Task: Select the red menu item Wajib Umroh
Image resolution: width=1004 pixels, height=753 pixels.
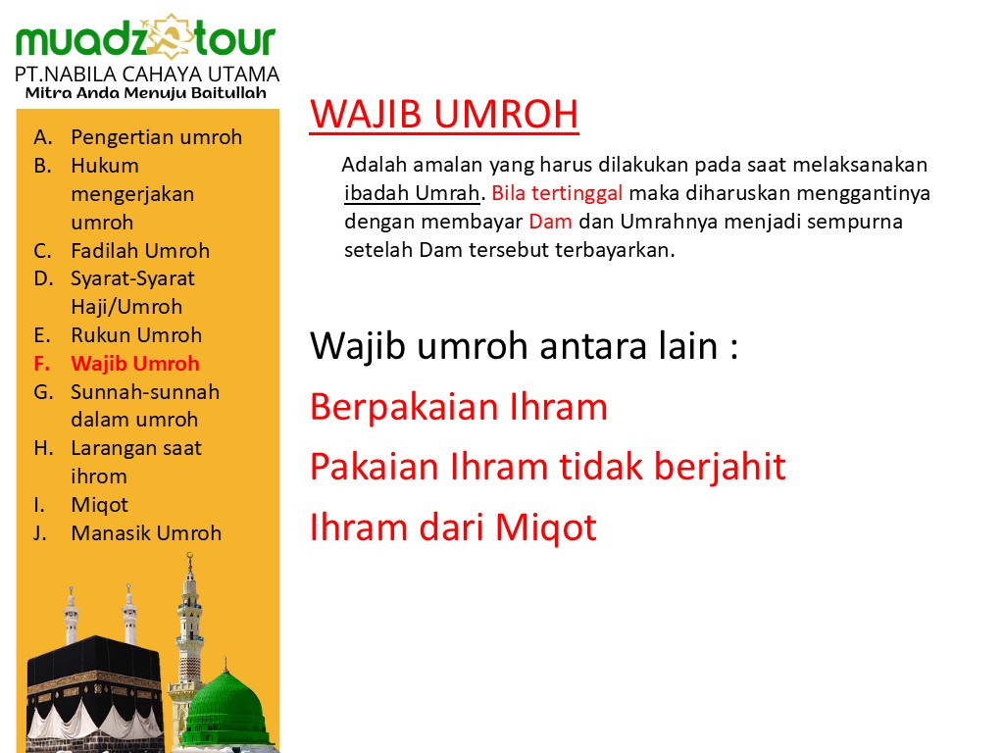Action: point(135,364)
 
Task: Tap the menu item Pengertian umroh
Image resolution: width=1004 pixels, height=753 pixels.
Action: point(156,137)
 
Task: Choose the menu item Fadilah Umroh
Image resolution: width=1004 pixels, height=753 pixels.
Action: point(140,250)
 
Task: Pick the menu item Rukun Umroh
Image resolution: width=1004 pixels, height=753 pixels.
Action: point(136,335)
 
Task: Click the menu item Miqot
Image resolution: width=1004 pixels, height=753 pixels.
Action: point(99,505)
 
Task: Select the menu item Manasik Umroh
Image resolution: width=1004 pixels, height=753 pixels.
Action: point(146,532)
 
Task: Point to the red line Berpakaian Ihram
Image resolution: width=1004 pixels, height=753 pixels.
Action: point(459,407)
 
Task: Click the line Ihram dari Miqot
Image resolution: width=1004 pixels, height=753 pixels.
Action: point(453,527)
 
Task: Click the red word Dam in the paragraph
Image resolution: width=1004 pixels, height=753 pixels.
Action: point(550,222)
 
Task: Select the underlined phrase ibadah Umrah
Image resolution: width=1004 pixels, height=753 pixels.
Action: point(412,193)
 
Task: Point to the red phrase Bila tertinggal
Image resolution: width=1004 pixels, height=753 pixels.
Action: point(557,193)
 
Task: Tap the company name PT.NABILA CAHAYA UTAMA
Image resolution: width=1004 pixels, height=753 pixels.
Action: point(147,75)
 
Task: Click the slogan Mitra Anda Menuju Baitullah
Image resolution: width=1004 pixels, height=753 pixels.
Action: point(146,93)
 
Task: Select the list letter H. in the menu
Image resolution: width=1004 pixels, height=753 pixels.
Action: point(43,448)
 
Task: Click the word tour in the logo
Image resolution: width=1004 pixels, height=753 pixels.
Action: point(235,39)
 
